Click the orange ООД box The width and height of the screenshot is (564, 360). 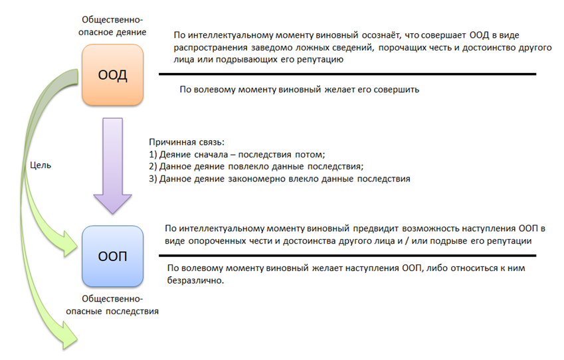pos(113,74)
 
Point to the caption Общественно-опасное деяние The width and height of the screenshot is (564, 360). pos(112,26)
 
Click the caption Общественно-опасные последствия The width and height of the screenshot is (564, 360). pos(116,305)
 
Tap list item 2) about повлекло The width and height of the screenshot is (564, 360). pos(256,167)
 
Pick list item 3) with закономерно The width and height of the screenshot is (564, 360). pos(280,179)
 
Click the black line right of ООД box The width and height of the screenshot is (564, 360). pos(345,74)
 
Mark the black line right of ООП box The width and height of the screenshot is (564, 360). pos(345,255)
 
